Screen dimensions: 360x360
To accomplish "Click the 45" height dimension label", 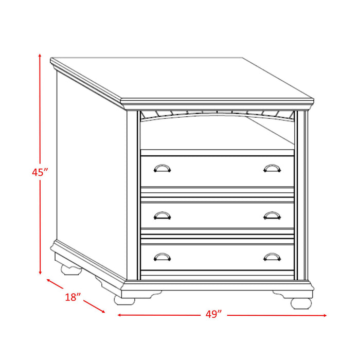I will [x=39, y=173].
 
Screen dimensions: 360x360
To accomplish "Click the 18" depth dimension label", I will [x=74, y=297].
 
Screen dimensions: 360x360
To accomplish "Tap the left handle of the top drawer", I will [x=162, y=168].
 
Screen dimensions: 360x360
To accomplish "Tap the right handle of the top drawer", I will [x=272, y=168].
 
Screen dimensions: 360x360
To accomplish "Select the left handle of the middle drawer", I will [x=162, y=215].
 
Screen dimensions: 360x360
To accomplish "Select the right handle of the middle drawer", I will [x=272, y=215].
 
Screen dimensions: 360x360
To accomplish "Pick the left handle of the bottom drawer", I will [x=162, y=256].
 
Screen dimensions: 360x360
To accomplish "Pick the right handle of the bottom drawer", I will [x=272, y=256].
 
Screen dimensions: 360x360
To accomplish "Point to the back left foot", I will [x=67, y=268].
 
